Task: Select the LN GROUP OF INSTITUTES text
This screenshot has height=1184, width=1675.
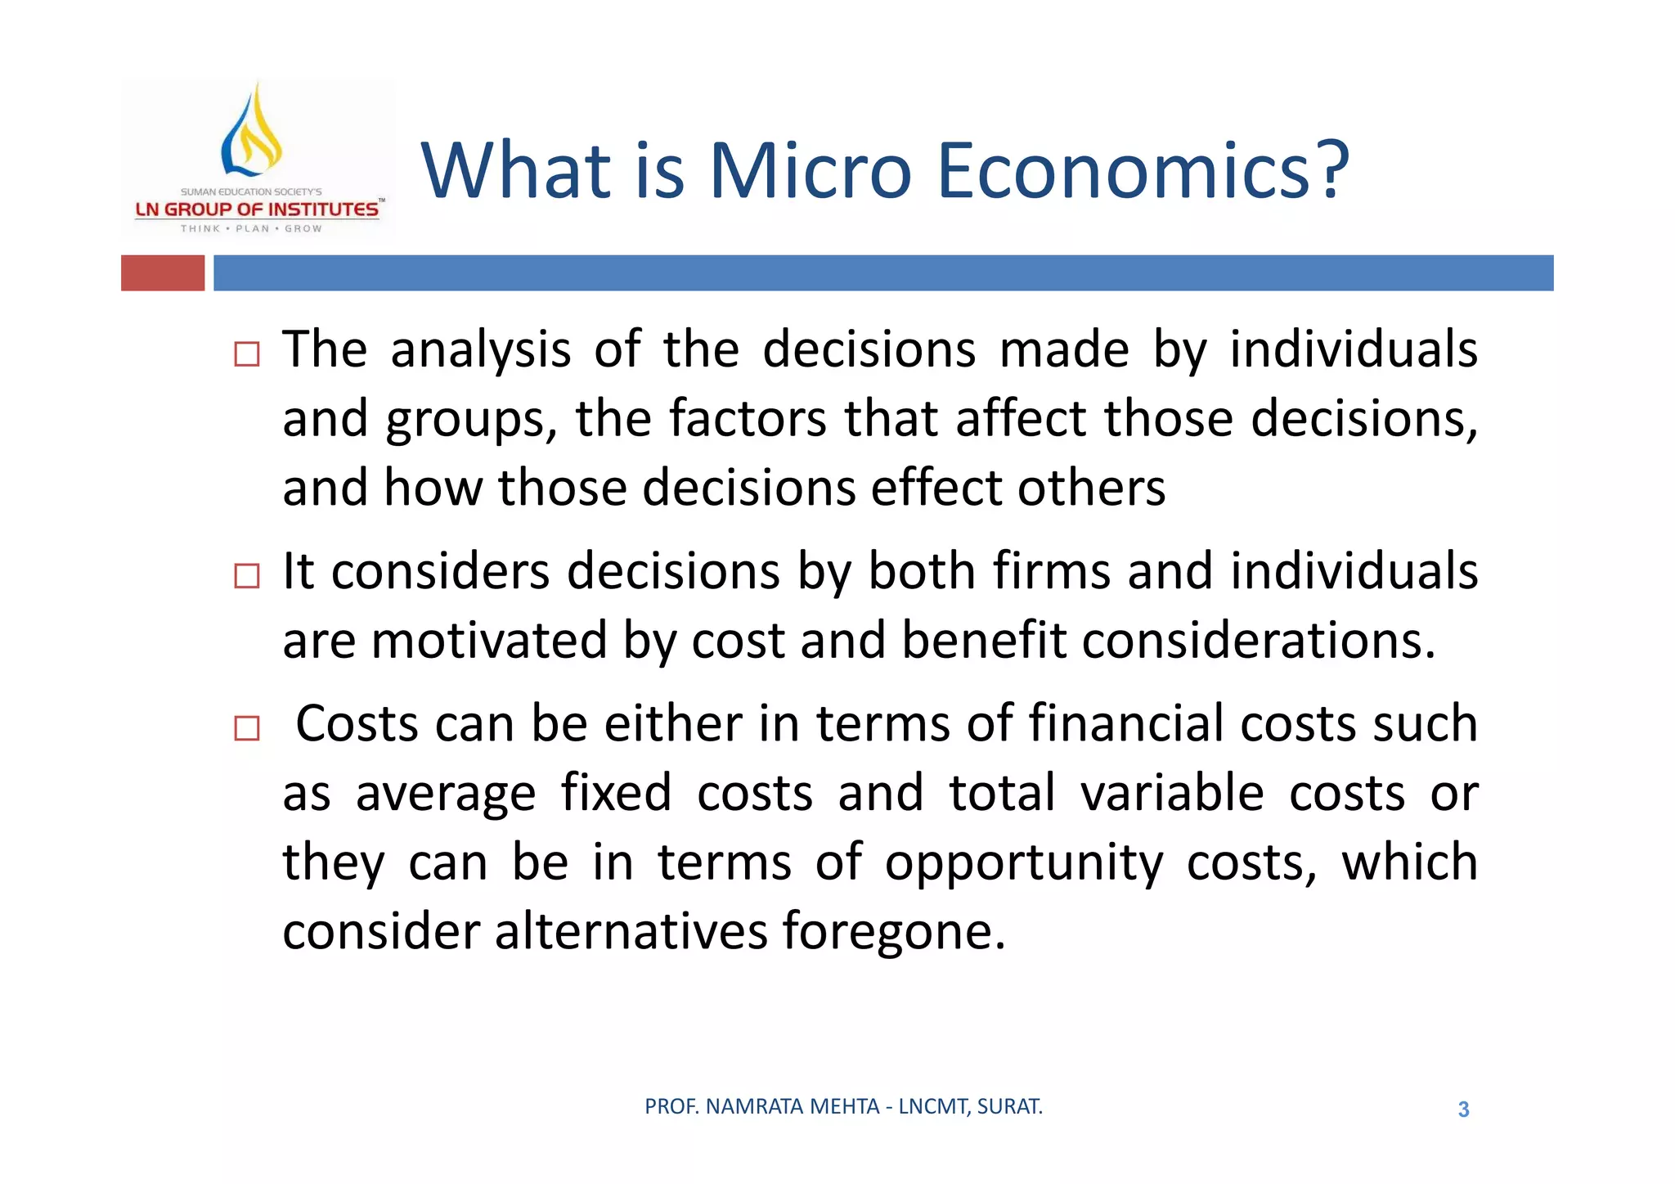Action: pyautogui.click(x=257, y=209)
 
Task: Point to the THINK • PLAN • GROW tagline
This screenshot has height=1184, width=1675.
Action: pyautogui.click(x=251, y=229)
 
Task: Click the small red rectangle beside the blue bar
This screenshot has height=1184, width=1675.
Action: pyautogui.click(x=163, y=272)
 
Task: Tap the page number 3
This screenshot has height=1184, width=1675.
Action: pyautogui.click(x=1463, y=1110)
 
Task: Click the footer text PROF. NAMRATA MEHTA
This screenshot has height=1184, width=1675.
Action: pyautogui.click(x=761, y=1106)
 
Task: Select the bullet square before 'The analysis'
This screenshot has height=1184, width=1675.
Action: pyautogui.click(x=246, y=354)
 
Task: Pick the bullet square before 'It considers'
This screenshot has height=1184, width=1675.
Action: pyautogui.click(x=246, y=576)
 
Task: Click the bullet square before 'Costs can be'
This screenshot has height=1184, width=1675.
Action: pyautogui.click(x=246, y=727)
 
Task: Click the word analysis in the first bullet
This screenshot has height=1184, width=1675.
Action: pyautogui.click(x=480, y=351)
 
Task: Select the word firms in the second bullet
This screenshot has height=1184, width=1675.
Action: pyautogui.click(x=1052, y=571)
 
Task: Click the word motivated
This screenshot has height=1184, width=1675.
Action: pyautogui.click(x=488, y=641)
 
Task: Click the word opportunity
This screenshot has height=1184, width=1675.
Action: pyautogui.click(x=1023, y=864)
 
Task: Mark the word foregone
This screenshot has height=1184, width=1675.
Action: pyautogui.click(x=892, y=932)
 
